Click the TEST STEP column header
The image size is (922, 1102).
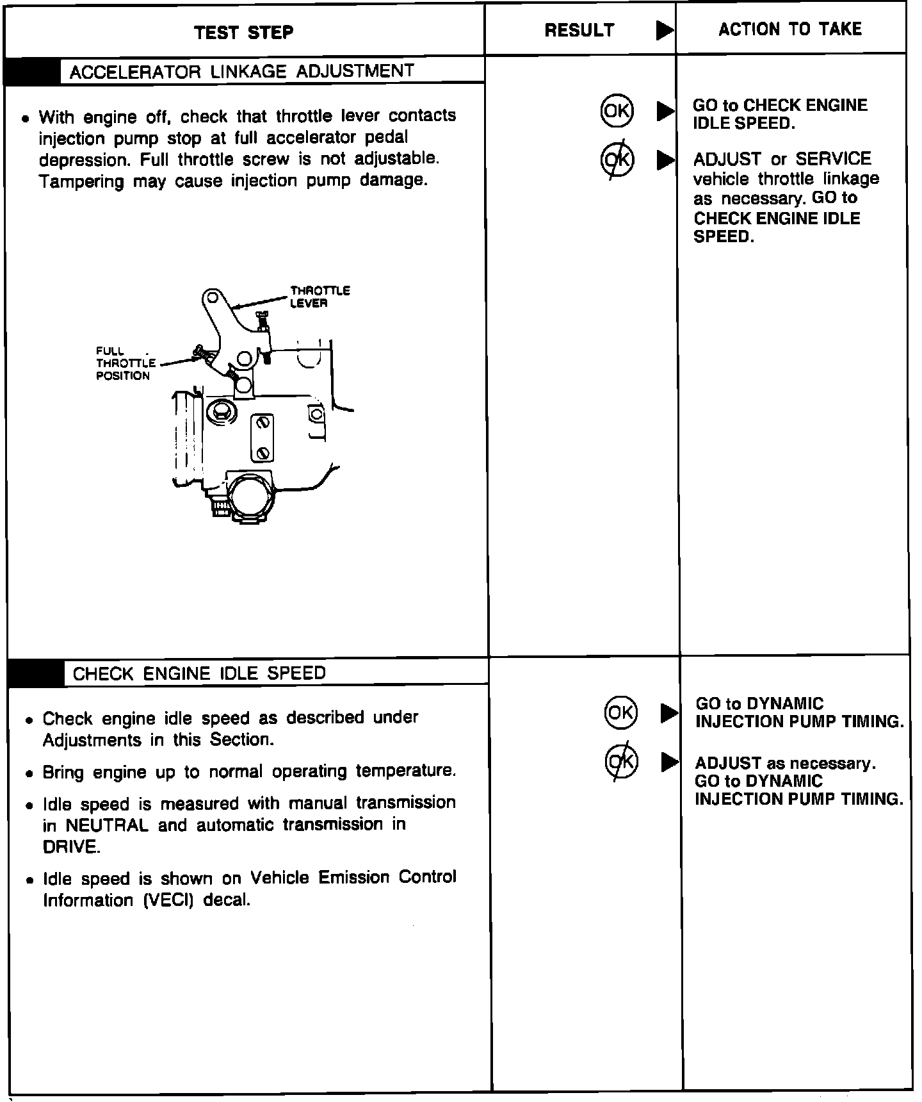(x=244, y=32)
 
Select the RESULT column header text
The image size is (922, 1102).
(x=579, y=30)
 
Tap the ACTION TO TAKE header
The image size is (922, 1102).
(x=790, y=29)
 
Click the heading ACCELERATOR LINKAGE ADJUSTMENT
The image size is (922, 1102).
(x=241, y=70)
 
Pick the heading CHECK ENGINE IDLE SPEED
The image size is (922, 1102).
(x=199, y=673)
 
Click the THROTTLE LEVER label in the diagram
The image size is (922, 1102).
(x=319, y=297)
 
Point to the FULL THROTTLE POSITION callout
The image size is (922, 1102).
(x=125, y=363)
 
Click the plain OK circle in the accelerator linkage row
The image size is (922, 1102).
(x=617, y=111)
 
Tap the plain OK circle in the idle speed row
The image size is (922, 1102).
(x=620, y=712)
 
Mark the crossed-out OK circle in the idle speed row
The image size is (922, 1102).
(x=621, y=761)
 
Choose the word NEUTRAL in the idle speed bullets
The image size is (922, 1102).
(x=107, y=825)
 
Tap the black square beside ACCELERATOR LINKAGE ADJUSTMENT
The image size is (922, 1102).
(x=32, y=71)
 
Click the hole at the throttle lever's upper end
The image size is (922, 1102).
(x=211, y=298)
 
